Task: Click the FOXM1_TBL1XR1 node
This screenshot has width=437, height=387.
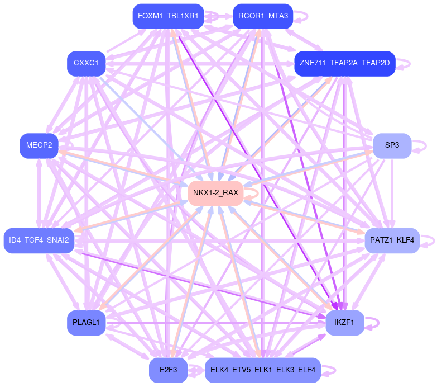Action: pos(168,16)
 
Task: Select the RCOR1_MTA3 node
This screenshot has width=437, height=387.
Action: pos(263,16)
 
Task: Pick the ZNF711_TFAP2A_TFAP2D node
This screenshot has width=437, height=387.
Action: pos(344,63)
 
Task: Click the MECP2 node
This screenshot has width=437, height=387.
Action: pos(39,145)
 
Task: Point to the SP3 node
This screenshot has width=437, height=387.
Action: pos(392,145)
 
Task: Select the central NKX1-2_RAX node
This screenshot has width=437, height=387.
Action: pos(215,193)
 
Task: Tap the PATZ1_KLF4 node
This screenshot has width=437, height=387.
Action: pos(391,240)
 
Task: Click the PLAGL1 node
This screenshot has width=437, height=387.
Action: pos(86,323)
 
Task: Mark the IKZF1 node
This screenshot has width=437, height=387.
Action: pos(344,323)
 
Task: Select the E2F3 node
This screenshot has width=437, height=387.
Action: pos(168,370)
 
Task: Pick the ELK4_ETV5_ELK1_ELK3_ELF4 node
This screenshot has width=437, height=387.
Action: pos(262,370)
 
